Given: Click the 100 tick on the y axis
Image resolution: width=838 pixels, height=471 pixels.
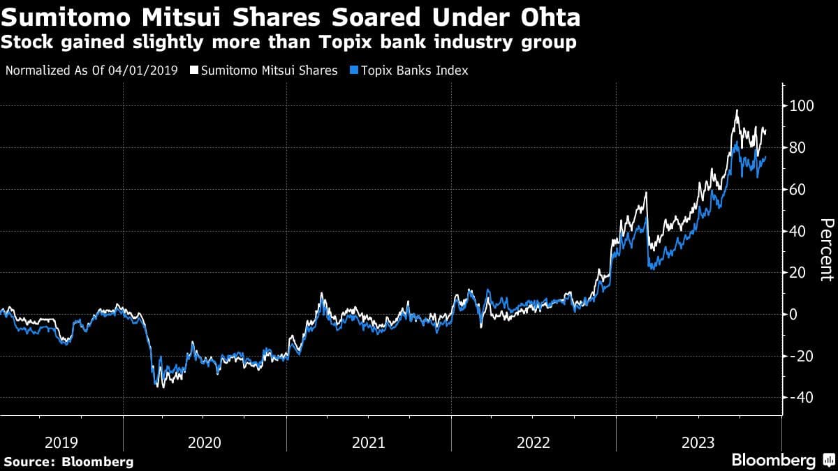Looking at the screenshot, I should (x=802, y=106).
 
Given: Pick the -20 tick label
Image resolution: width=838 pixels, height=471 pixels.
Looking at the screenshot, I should (x=800, y=356).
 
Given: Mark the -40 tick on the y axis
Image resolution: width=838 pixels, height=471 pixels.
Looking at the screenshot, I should (x=800, y=398).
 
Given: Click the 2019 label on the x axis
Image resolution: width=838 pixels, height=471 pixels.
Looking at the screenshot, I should (x=61, y=442).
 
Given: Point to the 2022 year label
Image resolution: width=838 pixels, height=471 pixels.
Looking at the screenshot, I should (x=533, y=442).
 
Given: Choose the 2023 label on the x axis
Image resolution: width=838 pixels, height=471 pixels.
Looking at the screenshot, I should (x=697, y=442).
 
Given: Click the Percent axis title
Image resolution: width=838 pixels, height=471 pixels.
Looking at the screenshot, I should (x=826, y=250).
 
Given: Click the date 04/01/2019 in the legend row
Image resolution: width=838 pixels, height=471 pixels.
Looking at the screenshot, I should (x=148, y=70).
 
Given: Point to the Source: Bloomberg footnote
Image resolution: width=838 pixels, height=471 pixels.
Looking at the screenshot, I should (x=68, y=461).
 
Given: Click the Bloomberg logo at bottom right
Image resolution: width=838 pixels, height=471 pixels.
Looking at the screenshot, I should (x=782, y=461).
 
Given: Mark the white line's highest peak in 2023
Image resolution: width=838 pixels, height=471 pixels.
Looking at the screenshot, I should (x=737, y=110).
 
